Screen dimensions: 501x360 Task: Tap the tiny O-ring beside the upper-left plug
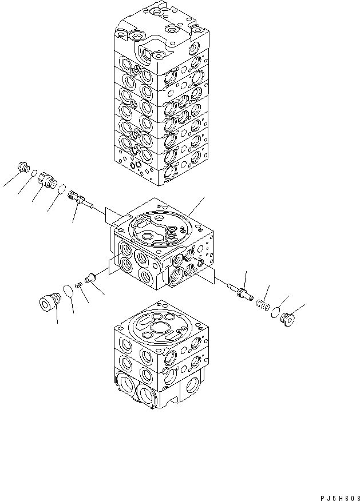(34, 173)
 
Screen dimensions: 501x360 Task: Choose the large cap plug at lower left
(49, 301)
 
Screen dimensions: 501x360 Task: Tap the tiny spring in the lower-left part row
(79, 284)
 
